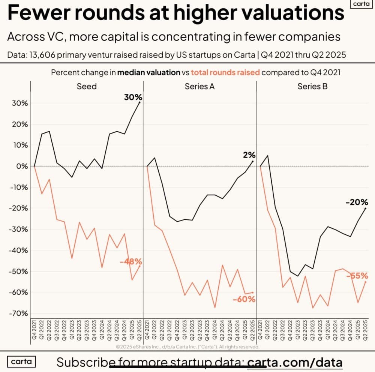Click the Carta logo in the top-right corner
click(x=361, y=4)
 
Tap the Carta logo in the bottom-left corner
click(x=21, y=362)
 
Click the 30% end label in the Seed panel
click(x=133, y=97)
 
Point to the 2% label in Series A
click(x=249, y=154)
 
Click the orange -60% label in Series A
click(x=244, y=299)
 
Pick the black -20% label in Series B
click(x=357, y=202)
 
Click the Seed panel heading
click(x=87, y=86)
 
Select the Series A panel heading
click(x=199, y=86)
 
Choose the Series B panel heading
click(x=312, y=86)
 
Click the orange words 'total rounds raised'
click(x=225, y=72)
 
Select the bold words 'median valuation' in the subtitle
click(x=148, y=72)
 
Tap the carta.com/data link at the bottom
click(x=295, y=362)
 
